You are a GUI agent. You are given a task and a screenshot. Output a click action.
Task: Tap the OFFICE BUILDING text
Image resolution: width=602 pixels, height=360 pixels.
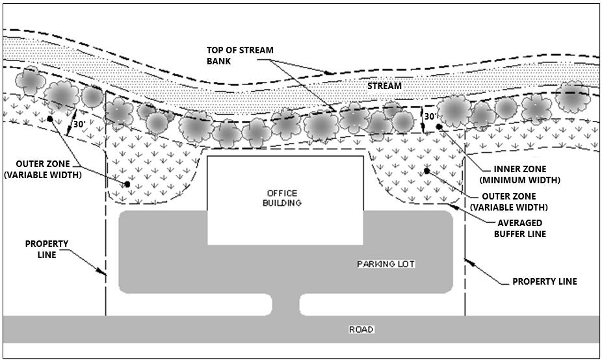[x=282, y=198]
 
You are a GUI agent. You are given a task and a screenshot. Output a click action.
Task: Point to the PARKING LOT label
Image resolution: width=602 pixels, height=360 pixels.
[x=386, y=264]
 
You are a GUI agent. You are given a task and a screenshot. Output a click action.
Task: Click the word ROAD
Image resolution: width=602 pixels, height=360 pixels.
[x=361, y=329]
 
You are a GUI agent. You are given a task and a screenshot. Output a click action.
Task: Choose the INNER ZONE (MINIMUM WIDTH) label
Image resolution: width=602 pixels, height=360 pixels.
[x=519, y=174]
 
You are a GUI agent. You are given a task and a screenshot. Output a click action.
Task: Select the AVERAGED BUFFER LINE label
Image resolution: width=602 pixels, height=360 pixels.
[x=518, y=228]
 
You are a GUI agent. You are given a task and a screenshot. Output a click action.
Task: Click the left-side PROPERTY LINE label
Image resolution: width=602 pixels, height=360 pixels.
[x=47, y=249]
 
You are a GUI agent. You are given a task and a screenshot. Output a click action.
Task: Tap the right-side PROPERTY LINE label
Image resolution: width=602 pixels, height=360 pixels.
[x=544, y=281]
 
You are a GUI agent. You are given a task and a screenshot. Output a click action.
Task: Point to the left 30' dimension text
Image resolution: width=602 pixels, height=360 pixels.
[x=79, y=124]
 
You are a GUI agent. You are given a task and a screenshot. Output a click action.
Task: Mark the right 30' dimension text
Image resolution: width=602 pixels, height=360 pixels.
[x=430, y=116]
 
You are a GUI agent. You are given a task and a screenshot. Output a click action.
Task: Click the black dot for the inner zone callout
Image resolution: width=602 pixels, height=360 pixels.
[x=439, y=126]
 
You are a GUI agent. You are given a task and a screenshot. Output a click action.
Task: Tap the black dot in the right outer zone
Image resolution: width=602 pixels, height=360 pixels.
[x=427, y=171]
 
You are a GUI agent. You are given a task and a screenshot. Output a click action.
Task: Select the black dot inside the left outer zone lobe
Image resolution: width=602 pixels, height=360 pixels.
[x=127, y=185]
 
